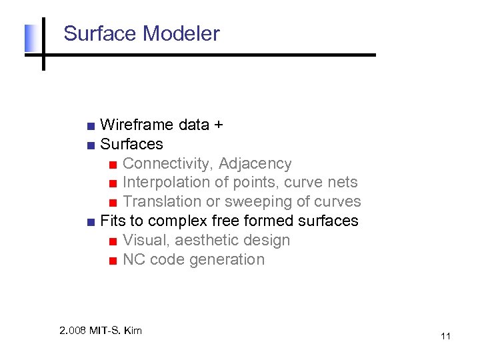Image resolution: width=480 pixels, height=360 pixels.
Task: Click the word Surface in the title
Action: [99, 34]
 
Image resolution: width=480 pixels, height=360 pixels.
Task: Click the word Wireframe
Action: [137, 125]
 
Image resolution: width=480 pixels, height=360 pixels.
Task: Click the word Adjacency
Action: [255, 164]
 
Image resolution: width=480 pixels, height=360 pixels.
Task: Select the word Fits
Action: [112, 221]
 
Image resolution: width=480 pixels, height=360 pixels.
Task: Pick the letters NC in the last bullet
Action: [134, 259]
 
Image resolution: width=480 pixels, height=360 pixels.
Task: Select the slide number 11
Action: [445, 336]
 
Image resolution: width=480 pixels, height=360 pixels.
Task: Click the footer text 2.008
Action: [73, 331]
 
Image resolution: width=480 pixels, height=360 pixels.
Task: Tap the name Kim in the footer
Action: [132, 331]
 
